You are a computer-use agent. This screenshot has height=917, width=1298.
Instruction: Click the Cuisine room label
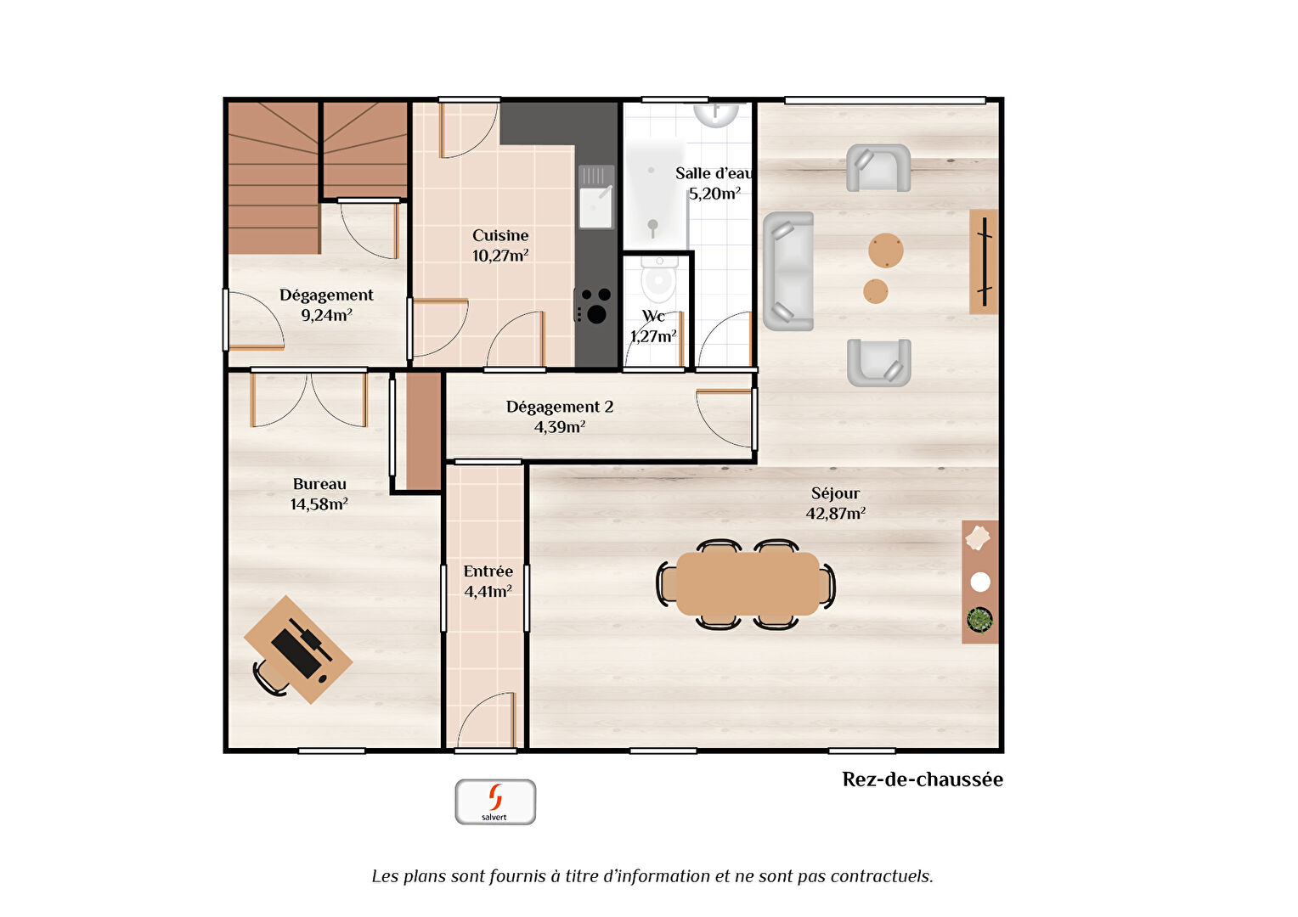coord(500,235)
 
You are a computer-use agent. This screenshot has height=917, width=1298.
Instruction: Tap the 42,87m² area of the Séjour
coord(836,513)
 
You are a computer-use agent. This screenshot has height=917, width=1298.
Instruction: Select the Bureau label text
coord(319,484)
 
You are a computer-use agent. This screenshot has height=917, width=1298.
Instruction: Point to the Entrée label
coord(488,571)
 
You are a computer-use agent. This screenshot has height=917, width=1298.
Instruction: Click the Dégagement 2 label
coord(559,407)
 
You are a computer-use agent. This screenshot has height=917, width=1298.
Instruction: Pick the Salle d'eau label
coord(714,173)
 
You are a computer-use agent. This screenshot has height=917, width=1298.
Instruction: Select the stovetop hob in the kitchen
coord(594,305)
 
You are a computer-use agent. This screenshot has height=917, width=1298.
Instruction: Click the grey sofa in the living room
coord(788,271)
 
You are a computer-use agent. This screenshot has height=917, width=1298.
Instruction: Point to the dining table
coord(748,583)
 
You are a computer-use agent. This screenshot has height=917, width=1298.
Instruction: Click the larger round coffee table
coord(885,250)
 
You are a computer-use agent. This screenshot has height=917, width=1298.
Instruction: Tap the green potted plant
coord(979,619)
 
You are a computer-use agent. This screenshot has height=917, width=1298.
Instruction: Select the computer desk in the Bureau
coord(298,650)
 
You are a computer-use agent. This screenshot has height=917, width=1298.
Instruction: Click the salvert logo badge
coord(495,802)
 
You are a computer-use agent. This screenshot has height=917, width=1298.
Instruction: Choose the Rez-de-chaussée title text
coord(923,779)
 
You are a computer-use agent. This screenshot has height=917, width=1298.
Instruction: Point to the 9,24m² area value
coord(326,315)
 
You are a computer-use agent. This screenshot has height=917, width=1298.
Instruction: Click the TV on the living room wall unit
coord(985,262)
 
